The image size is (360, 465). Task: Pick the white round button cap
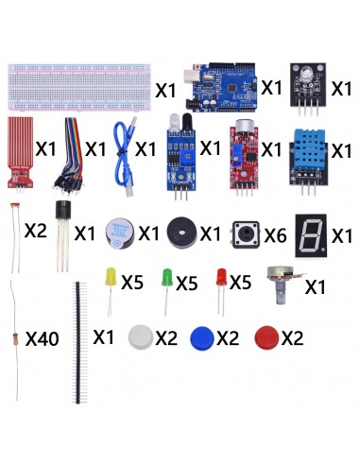(x=140, y=336)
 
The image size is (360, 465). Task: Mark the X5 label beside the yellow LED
(x=131, y=283)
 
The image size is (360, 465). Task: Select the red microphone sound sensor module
(x=243, y=156)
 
